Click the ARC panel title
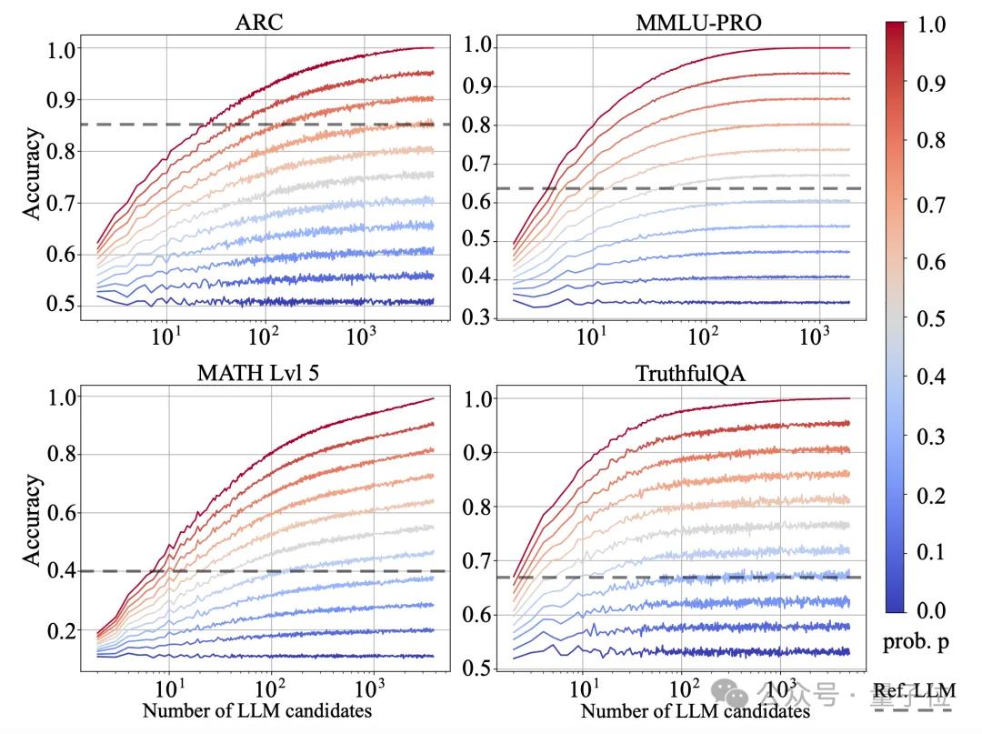pyautogui.click(x=259, y=22)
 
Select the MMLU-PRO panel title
pyautogui.click(x=697, y=22)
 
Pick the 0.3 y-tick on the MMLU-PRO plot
pyautogui.click(x=480, y=317)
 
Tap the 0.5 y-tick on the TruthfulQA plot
pyautogui.click(x=480, y=669)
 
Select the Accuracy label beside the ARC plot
pyautogui.click(x=32, y=174)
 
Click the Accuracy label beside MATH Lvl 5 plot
pyautogui.click(x=32, y=519)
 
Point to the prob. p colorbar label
pyautogui.click(x=916, y=643)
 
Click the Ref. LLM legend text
pyautogui.click(x=914, y=694)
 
